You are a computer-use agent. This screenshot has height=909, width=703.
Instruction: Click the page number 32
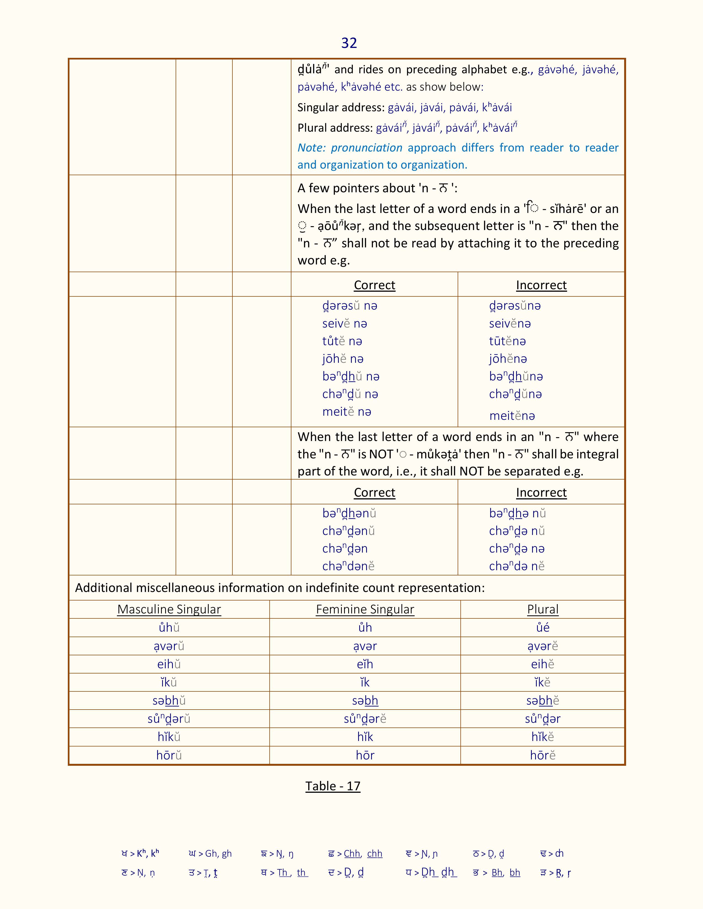pos(349,43)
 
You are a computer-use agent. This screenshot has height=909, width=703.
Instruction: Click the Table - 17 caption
pos(333,786)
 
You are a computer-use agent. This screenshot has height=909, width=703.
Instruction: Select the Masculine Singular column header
pos(169,609)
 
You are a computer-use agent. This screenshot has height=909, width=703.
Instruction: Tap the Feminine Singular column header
pos(365,609)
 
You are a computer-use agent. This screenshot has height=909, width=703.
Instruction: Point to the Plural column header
pos(543,609)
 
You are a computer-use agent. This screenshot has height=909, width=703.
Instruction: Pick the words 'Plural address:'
pos(335,128)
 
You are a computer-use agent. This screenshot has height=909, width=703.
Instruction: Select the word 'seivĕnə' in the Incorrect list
pos(510,323)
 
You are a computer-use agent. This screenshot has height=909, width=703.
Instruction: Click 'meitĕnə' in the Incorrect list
pos(512,415)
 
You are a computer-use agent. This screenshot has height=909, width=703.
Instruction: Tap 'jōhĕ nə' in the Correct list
pos(343,359)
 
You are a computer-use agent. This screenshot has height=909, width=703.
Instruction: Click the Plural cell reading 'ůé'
pos(543,628)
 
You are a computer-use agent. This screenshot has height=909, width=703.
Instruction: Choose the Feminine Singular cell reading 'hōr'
pos(365,755)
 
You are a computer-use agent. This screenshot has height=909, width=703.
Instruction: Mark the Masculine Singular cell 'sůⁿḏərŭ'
pos(169,719)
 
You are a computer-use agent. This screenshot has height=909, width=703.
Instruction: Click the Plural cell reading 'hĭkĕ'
pos(543,737)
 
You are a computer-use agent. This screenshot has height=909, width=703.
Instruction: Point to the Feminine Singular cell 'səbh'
pos(365,700)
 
